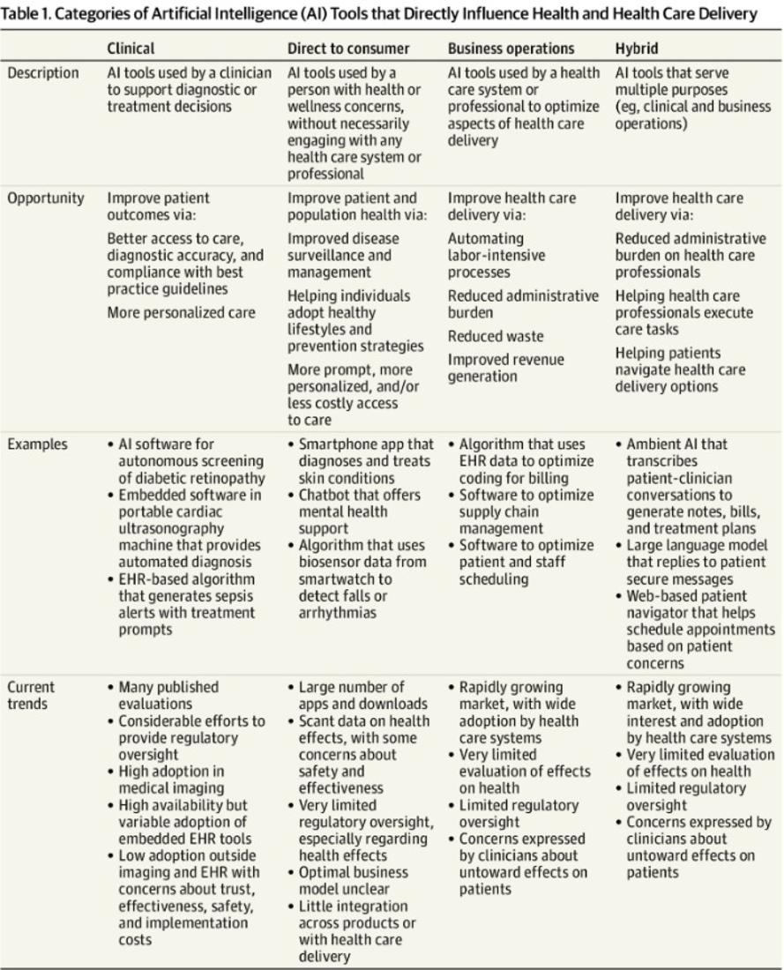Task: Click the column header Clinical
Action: click(131, 48)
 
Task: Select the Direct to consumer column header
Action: click(347, 48)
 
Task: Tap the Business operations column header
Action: click(511, 48)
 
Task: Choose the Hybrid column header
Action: click(636, 48)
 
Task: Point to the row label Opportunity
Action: click(46, 198)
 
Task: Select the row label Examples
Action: click(38, 444)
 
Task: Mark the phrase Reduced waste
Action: click(495, 336)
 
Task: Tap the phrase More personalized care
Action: click(181, 312)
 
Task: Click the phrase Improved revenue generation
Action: click(505, 368)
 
